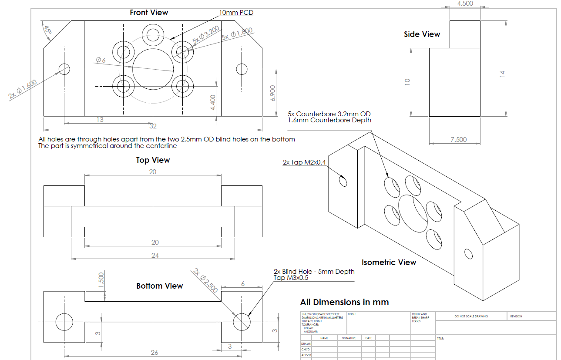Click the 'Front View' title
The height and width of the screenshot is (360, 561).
click(149, 13)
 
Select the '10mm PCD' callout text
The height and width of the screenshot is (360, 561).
click(236, 13)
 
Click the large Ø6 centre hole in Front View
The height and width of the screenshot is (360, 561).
click(153, 69)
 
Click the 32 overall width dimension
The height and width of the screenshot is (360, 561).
click(153, 126)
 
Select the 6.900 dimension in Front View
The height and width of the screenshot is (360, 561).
click(273, 93)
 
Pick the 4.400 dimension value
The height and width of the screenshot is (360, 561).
click(213, 103)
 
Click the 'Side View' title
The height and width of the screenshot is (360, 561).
click(422, 34)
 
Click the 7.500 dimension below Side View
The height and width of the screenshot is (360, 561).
click(458, 139)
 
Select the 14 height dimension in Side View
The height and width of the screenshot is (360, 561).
click(503, 74)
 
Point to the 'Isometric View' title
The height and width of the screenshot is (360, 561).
click(389, 262)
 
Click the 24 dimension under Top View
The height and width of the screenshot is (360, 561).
click(155, 256)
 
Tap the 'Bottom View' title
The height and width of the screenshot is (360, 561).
click(159, 286)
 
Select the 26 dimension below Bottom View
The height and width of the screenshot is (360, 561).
click(155, 353)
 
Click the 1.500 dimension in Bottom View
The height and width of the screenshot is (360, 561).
click(101, 280)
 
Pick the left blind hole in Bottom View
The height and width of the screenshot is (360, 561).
click(64, 322)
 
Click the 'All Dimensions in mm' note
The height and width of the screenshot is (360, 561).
click(344, 302)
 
